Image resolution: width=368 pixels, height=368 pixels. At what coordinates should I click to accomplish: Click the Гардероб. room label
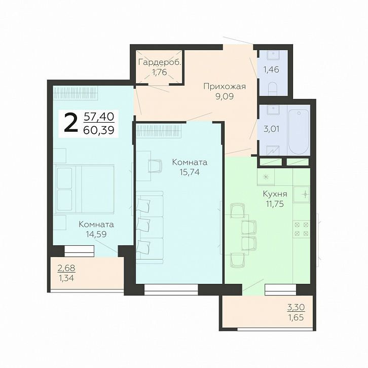point(160,62)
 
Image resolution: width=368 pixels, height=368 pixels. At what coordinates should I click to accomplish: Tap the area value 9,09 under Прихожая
point(225,96)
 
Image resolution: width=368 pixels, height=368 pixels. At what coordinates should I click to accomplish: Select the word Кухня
point(275,194)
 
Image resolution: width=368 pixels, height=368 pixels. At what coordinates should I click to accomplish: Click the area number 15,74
point(190,172)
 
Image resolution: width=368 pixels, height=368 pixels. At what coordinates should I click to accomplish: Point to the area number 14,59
point(96,234)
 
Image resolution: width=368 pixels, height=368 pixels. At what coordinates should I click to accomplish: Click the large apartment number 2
point(71,123)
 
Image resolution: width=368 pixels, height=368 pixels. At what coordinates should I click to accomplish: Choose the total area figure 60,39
point(99,130)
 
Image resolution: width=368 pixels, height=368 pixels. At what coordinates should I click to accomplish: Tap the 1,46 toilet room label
point(271,69)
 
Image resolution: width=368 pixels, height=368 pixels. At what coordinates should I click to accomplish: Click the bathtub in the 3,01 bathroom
point(298,130)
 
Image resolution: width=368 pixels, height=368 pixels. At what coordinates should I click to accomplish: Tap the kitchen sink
point(302,195)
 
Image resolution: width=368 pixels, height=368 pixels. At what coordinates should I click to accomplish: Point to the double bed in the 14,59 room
point(85,189)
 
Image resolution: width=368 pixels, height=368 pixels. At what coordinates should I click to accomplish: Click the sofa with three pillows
point(150,227)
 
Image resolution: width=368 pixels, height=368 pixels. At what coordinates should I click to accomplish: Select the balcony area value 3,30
point(296,307)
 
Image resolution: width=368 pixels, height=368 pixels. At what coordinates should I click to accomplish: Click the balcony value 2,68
point(66,268)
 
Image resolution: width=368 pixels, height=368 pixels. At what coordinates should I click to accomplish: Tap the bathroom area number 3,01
point(272,129)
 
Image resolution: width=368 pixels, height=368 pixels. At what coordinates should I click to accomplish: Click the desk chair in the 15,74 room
point(155,166)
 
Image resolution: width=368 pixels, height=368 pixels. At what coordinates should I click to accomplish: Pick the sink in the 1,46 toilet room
point(274,55)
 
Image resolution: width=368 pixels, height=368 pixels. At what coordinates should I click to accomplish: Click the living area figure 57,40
point(99,117)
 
